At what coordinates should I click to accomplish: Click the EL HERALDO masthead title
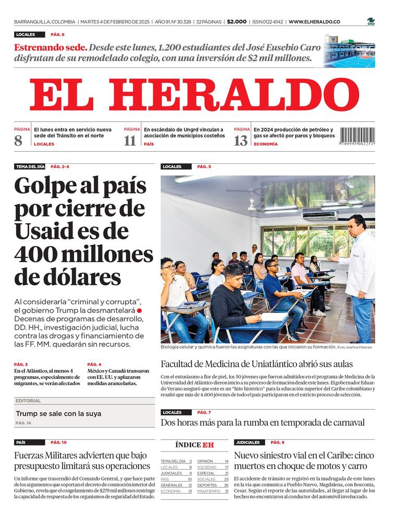(194, 95)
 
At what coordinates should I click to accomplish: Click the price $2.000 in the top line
(237, 22)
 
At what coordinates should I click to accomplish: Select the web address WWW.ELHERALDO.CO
(314, 22)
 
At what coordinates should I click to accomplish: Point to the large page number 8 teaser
(18, 140)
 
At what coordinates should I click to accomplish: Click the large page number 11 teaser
(130, 140)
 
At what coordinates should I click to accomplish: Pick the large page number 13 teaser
(240, 140)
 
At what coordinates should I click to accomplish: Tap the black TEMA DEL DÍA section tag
(30, 167)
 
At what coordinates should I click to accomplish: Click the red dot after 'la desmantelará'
(139, 311)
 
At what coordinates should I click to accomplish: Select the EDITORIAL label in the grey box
(28, 401)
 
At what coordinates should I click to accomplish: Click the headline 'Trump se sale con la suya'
(58, 414)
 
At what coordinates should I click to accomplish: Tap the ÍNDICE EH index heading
(194, 445)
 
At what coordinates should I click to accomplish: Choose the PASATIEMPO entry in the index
(209, 491)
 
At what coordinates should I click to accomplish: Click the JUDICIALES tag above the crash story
(247, 442)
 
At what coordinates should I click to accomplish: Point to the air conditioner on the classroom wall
(319, 214)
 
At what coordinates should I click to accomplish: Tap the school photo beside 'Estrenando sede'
(349, 51)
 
